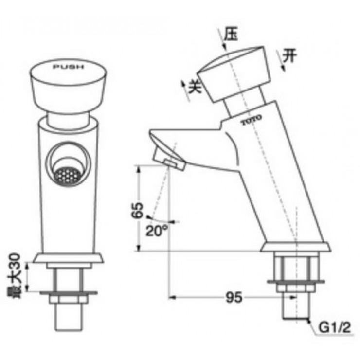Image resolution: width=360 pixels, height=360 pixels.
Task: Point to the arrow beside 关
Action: [x=184, y=90]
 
